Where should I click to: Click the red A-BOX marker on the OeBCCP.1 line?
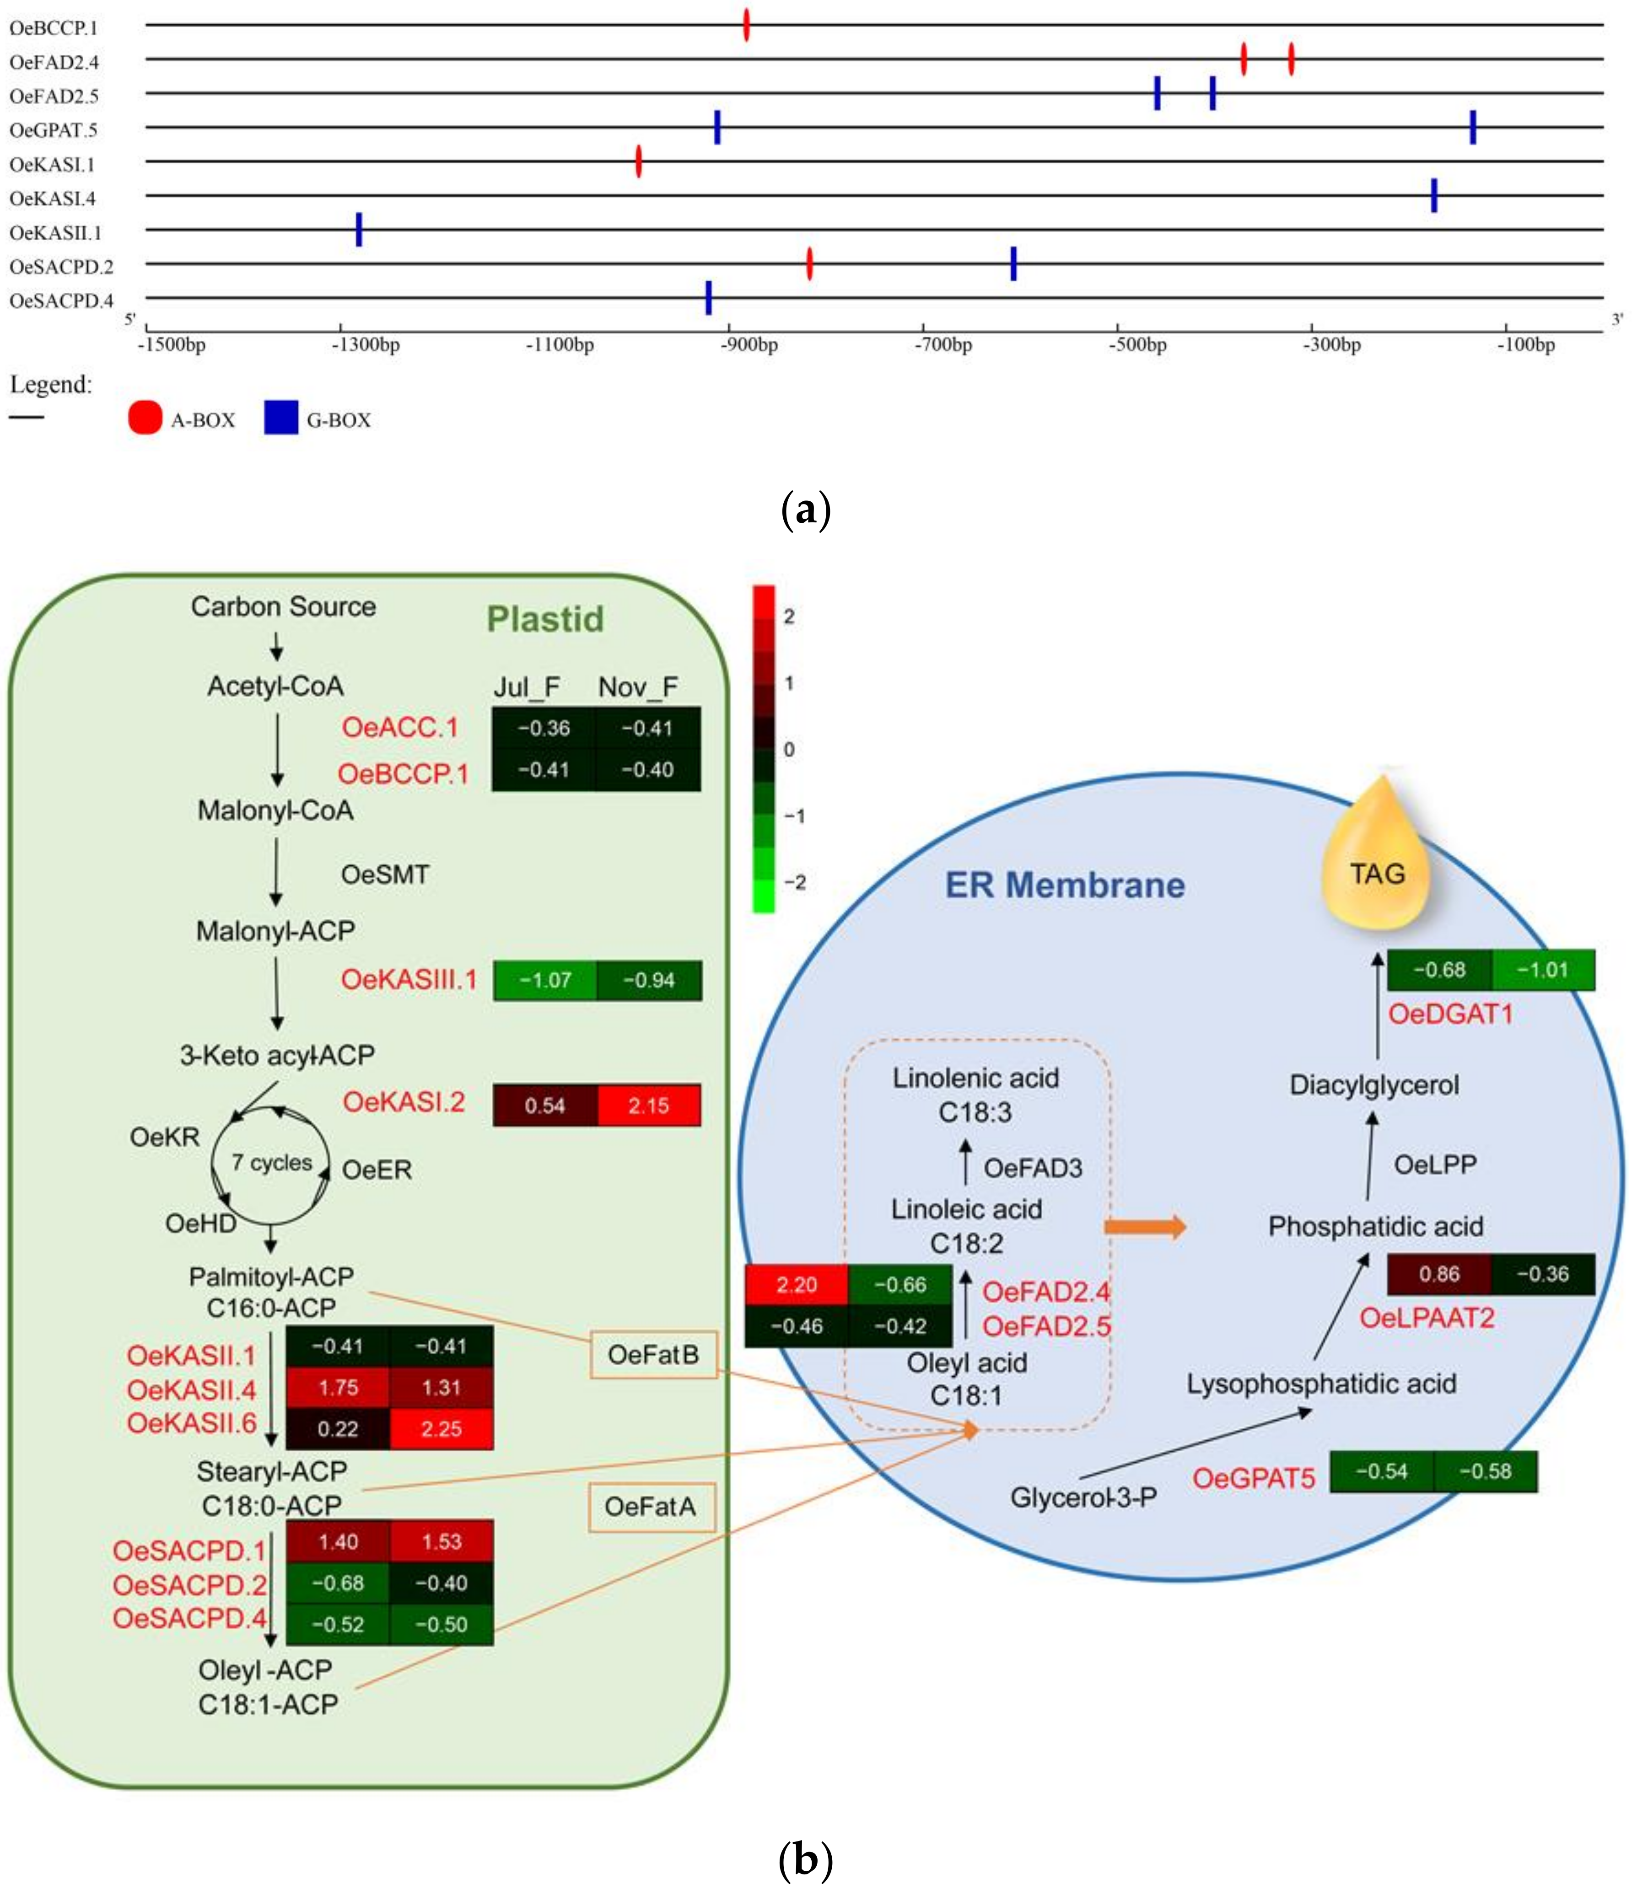click(747, 26)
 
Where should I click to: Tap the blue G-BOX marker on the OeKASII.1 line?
click(359, 230)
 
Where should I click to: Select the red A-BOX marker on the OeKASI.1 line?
click(638, 161)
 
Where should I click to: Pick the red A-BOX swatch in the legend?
click(145, 419)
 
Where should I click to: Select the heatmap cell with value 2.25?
click(441, 1428)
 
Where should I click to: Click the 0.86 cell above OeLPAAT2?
click(1439, 1274)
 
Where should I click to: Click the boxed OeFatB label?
click(653, 1355)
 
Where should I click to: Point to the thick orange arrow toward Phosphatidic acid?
click(1145, 1226)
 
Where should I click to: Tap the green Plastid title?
click(545, 619)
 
